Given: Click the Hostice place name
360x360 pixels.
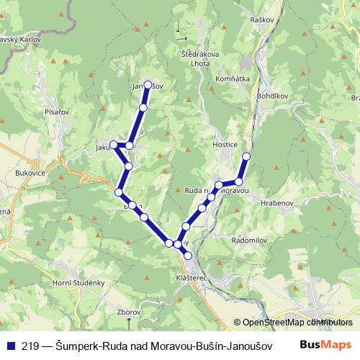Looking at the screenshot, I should click(x=225, y=145).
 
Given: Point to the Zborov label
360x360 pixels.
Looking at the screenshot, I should click(x=128, y=312).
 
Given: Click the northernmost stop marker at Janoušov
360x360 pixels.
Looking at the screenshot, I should click(x=148, y=85).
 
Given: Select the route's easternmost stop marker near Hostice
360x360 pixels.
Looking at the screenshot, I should click(x=246, y=156).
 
